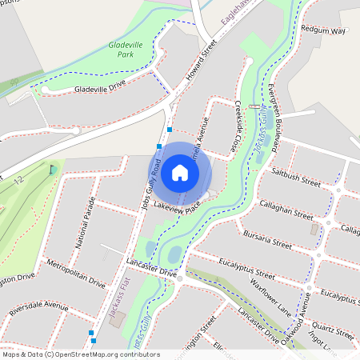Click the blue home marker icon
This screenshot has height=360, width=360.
(x=180, y=173)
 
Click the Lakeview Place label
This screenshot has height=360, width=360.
(x=177, y=206)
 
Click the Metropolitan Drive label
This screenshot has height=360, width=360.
(x=76, y=273)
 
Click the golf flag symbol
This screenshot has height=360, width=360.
(x=53, y=169)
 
